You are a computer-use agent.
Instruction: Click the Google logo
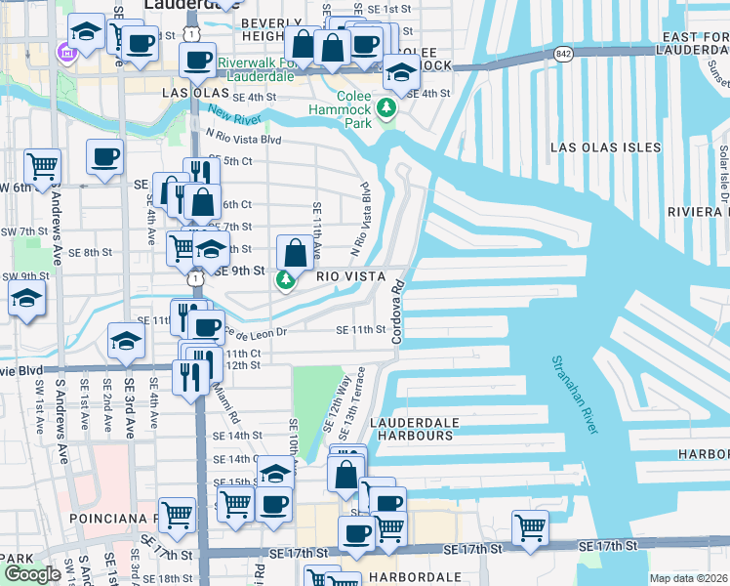(32, 574)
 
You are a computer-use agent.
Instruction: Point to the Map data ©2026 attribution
(689, 578)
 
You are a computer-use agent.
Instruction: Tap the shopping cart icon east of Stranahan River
(530, 526)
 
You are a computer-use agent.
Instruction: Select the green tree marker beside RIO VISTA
(285, 281)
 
